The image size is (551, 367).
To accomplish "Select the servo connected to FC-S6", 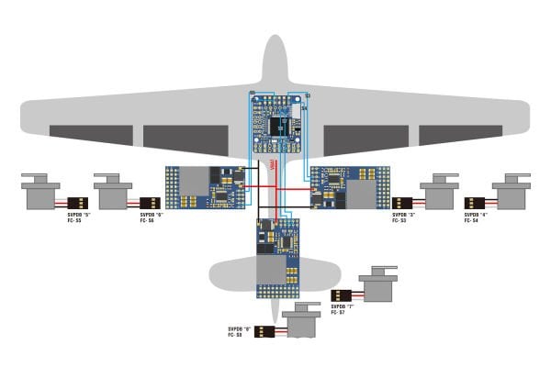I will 114,194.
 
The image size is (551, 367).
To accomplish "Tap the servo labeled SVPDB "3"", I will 439,194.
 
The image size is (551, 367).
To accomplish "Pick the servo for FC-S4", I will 512,194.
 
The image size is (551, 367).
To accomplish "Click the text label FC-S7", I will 341,313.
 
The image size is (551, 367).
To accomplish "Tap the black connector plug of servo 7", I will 341,295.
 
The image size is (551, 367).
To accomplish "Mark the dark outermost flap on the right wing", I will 455,136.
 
